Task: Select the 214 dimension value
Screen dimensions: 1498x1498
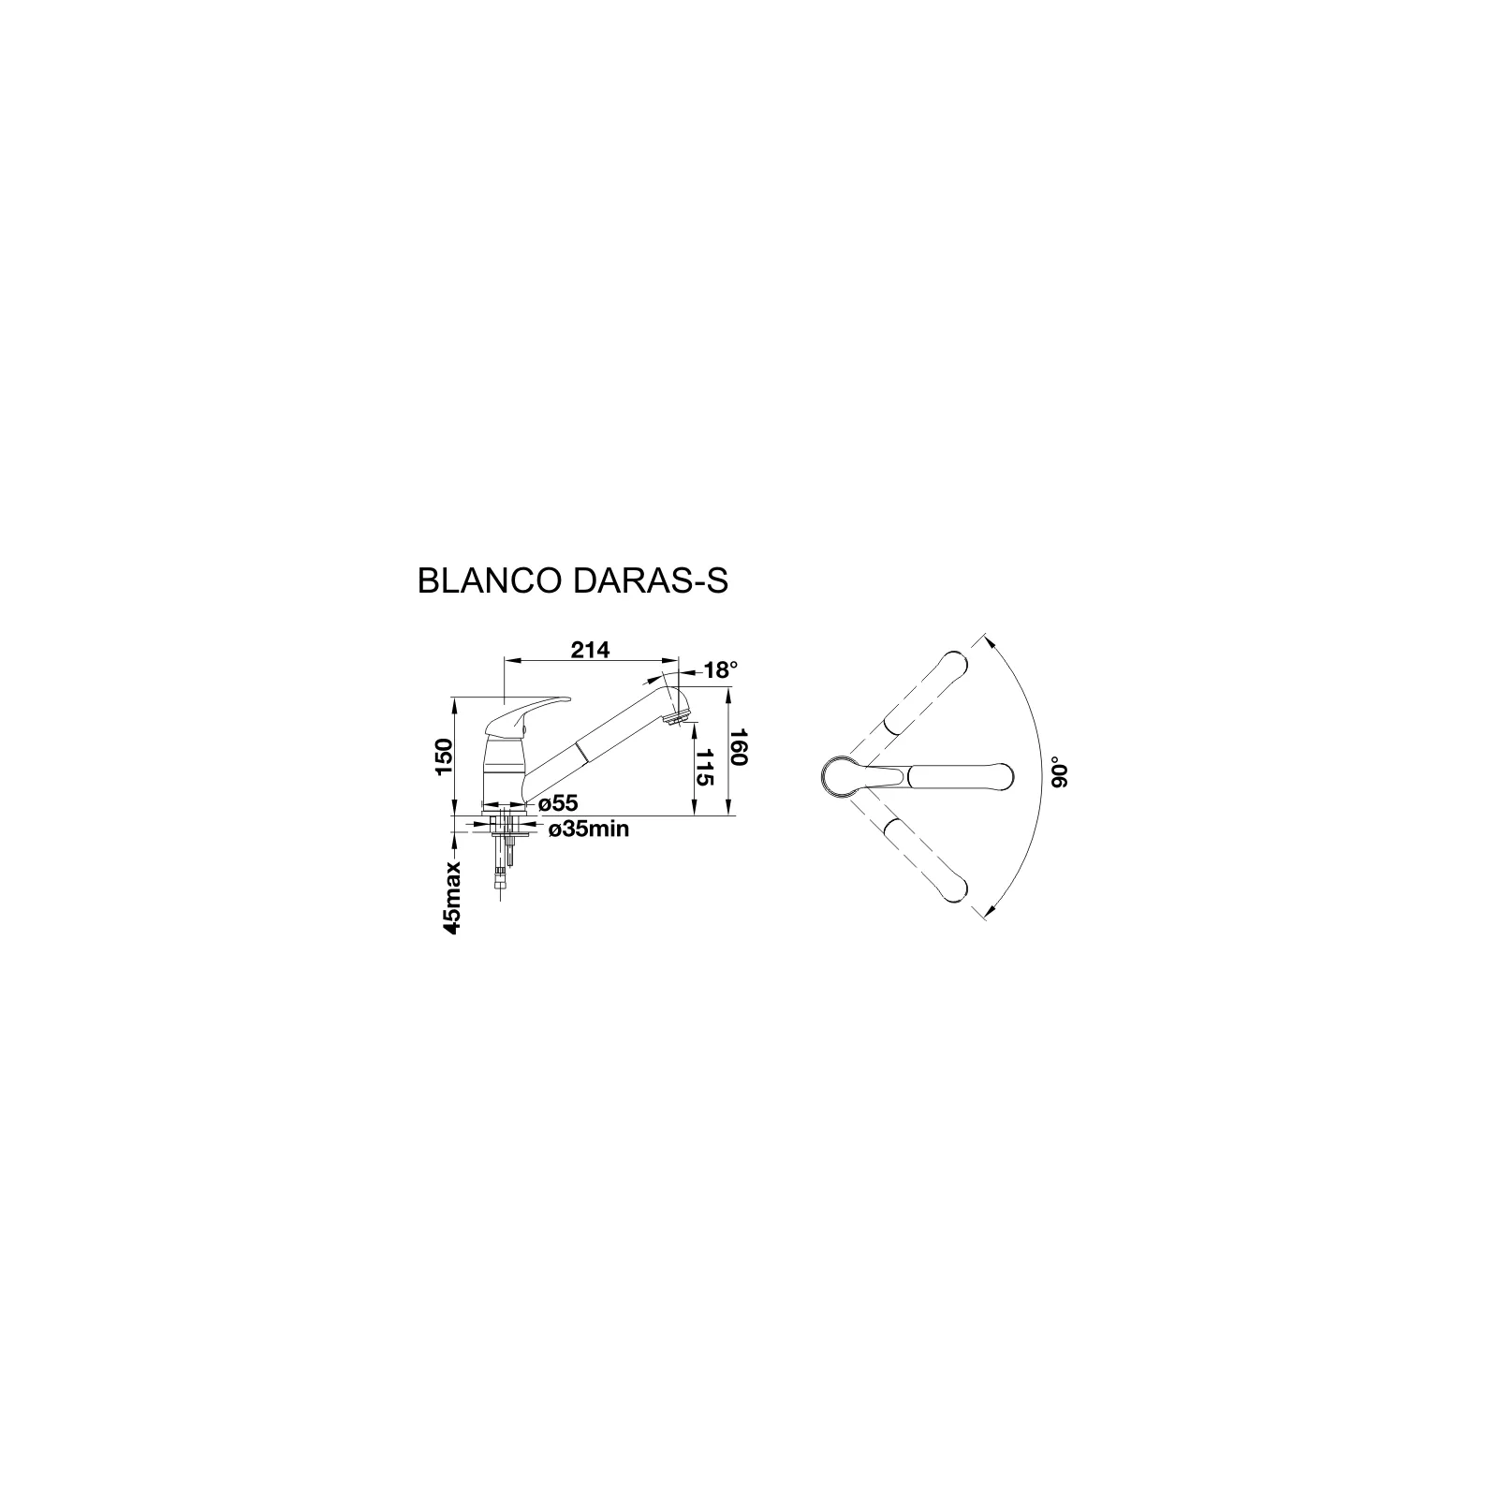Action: pos(591,649)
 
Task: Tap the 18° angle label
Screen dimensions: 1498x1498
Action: pos(721,670)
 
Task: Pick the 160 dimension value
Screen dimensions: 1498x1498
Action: pos(737,746)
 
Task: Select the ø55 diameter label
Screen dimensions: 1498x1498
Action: pos(558,803)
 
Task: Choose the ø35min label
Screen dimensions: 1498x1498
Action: pos(588,829)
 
